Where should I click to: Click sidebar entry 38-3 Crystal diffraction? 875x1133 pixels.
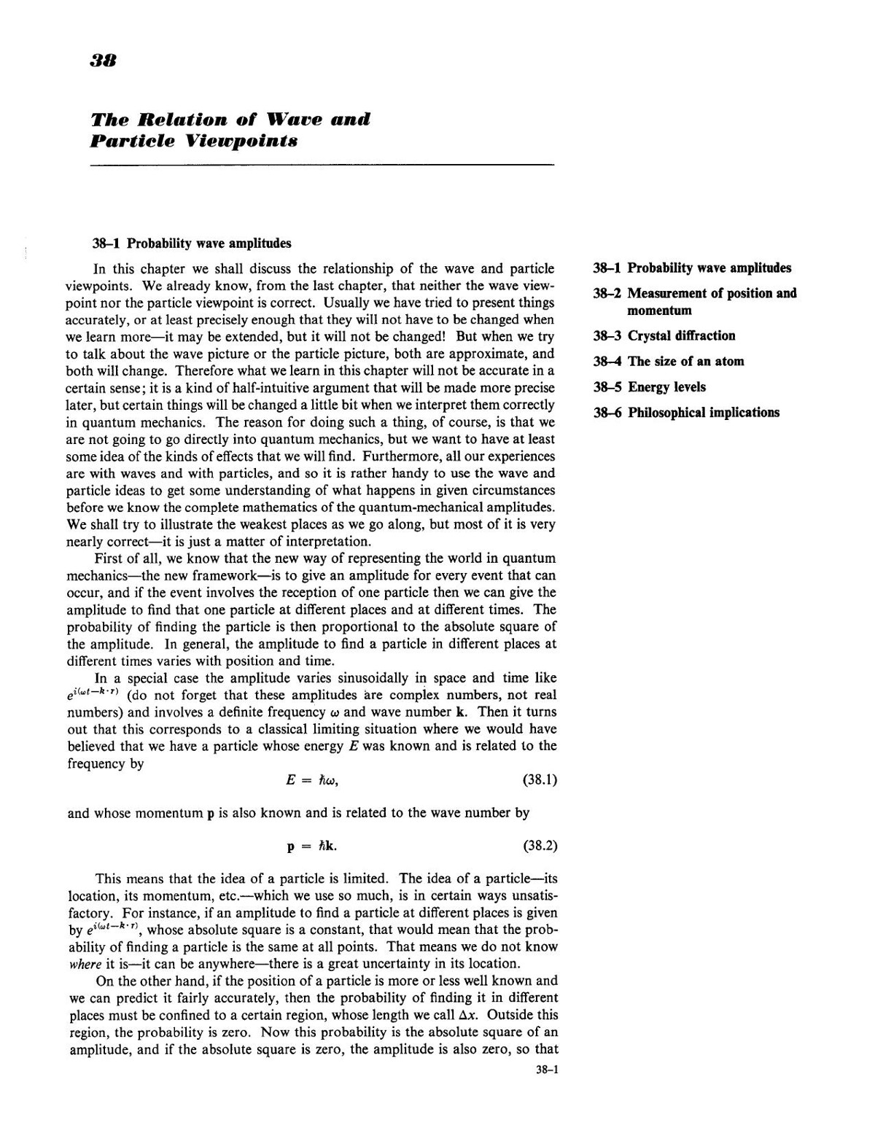click(x=664, y=336)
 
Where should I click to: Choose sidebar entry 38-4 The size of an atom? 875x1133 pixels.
click(x=669, y=362)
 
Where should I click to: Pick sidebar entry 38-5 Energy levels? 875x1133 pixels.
click(x=650, y=387)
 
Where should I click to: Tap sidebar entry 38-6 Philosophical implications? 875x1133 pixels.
click(x=686, y=413)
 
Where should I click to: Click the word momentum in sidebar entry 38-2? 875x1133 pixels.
click(x=659, y=311)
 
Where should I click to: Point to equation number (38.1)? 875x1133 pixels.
click(x=540, y=780)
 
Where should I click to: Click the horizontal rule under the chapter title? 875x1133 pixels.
click(x=322, y=166)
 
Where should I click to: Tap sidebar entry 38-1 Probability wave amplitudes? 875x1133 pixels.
click(x=692, y=268)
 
